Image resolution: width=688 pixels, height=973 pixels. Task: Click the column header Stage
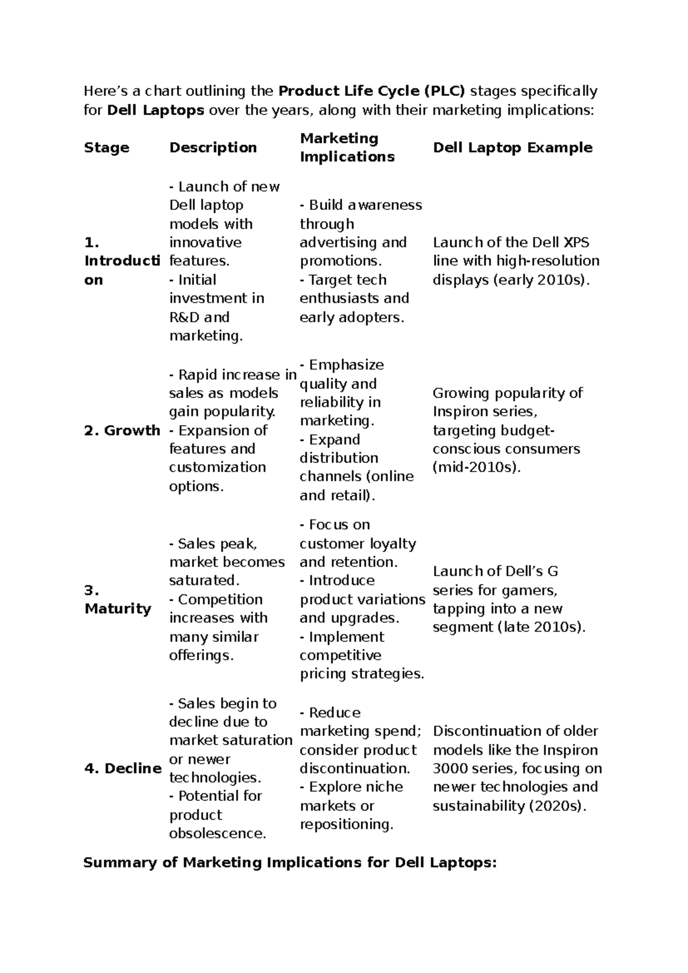pyautogui.click(x=107, y=148)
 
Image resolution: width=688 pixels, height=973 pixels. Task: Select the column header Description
pyautogui.click(x=213, y=148)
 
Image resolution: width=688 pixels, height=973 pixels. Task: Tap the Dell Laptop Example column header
pyautogui.click(x=513, y=148)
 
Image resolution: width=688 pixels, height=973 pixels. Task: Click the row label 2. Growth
pyautogui.click(x=122, y=431)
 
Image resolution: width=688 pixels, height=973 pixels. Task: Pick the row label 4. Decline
pyautogui.click(x=123, y=769)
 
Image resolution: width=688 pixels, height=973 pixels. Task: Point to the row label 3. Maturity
pyautogui.click(x=118, y=600)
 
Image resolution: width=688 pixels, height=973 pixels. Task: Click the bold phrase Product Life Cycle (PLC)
pyautogui.click(x=372, y=91)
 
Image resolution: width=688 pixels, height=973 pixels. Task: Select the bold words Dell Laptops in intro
pyautogui.click(x=155, y=110)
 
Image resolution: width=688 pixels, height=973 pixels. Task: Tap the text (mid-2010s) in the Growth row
pyautogui.click(x=476, y=468)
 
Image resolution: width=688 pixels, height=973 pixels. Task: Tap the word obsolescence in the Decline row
pyautogui.click(x=218, y=834)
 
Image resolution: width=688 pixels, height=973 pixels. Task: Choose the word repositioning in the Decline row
pyautogui.click(x=347, y=825)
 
